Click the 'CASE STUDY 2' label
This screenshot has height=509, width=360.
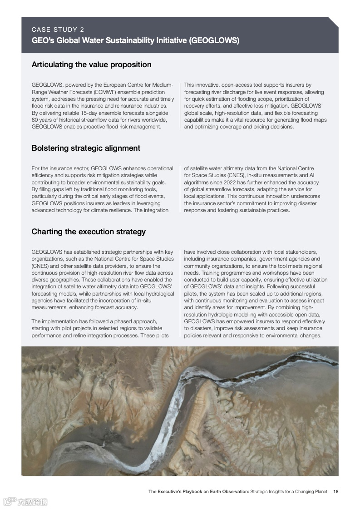pyautogui.click(x=58, y=30)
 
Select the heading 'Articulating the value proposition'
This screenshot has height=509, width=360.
pyautogui.click(x=91, y=64)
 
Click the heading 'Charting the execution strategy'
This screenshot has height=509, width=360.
pyautogui.click(x=89, y=232)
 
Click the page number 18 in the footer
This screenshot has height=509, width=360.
pyautogui.click(x=335, y=491)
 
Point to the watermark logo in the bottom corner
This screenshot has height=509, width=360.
pyautogui.click(x=25, y=502)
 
